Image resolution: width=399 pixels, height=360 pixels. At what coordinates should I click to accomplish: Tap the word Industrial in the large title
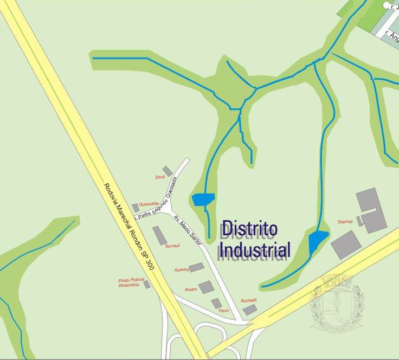(x=255, y=249)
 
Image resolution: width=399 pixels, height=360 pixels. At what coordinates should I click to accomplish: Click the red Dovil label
(x=160, y=177)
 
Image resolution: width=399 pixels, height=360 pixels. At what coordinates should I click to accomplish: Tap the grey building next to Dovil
(x=168, y=171)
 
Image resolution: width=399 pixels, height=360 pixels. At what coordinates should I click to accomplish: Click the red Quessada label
(x=149, y=204)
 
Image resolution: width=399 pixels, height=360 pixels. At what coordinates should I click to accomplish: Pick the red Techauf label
(x=172, y=246)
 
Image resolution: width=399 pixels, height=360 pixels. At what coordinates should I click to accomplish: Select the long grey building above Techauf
(x=160, y=235)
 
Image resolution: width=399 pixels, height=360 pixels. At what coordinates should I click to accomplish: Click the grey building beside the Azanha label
(x=197, y=267)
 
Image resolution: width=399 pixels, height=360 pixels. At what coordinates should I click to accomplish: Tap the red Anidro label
(x=190, y=290)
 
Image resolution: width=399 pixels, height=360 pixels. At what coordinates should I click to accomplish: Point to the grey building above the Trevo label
(x=216, y=303)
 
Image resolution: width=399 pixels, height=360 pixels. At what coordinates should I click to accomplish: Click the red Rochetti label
(x=249, y=300)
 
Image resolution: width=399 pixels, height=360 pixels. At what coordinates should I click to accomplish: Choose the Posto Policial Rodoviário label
(x=129, y=282)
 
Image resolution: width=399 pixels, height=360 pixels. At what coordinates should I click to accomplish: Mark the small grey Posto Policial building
(x=147, y=284)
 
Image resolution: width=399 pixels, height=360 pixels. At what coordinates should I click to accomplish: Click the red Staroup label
(x=345, y=222)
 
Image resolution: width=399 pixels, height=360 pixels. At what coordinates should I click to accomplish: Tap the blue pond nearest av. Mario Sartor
(x=203, y=199)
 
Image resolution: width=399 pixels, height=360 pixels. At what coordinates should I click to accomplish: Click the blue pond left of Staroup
(x=317, y=240)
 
